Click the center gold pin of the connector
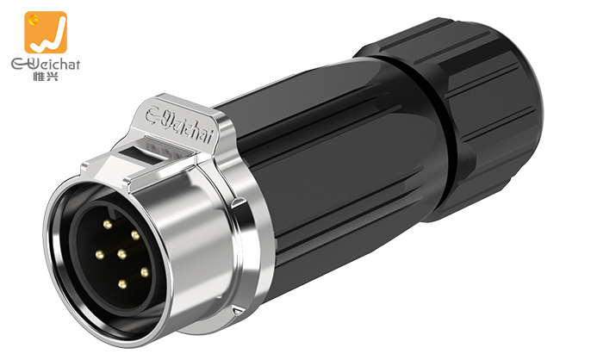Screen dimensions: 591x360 point(121,254)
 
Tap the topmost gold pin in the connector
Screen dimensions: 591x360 point(108,225)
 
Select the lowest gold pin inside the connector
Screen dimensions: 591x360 point(122,283)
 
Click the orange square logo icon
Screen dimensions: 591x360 point(46,32)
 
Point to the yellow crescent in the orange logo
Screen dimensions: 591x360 point(34,18)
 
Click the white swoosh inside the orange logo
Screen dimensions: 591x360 point(48,37)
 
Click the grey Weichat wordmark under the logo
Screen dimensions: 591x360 point(46,65)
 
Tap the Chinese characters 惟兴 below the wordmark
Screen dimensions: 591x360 point(46,76)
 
